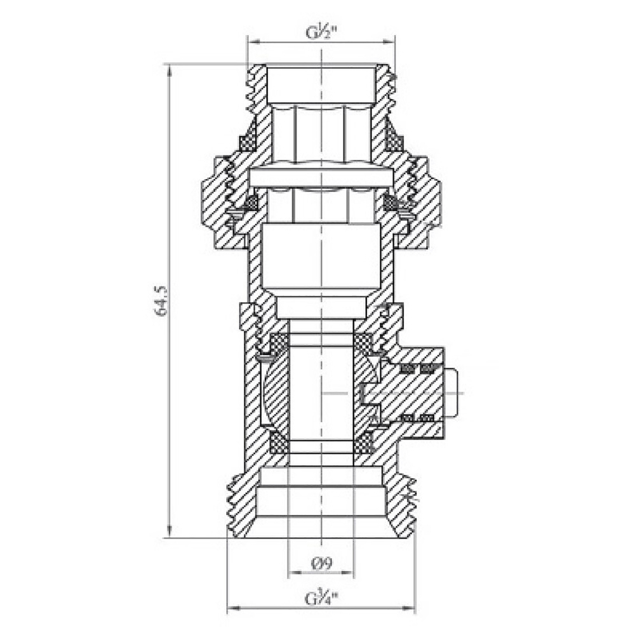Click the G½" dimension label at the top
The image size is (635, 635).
[321, 32]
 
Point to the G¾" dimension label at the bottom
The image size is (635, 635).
[321, 598]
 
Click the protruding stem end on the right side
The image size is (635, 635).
[451, 394]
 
